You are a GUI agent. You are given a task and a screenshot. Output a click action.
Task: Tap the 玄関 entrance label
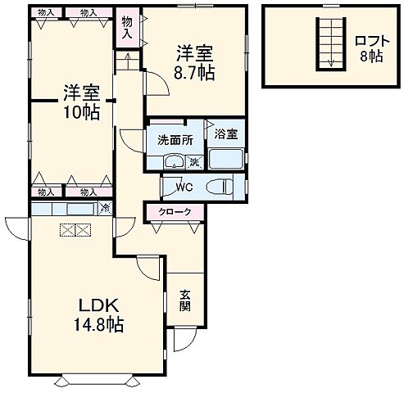pyautogui.click(x=185, y=300)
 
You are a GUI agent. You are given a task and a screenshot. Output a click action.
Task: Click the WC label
pyautogui.click(x=184, y=186)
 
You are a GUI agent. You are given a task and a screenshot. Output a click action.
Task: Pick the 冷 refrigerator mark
pyautogui.click(x=105, y=210)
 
